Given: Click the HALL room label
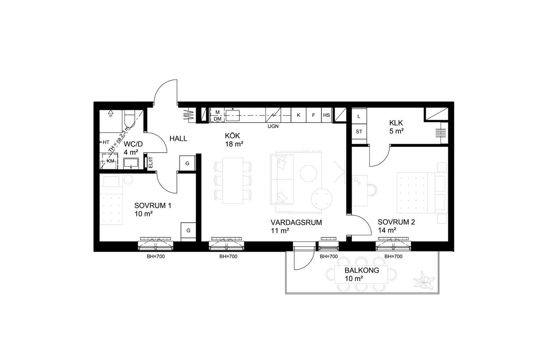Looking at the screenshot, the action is tap(178, 139).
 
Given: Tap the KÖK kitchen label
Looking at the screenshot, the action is tap(232, 136).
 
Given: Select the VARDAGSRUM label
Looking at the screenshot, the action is tap(296, 222).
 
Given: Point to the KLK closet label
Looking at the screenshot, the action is tap(396, 123).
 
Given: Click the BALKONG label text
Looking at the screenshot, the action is tap(362, 270).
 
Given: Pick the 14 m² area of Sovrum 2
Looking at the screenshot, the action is tap(387, 230).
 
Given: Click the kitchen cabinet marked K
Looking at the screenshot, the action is tap(298, 115).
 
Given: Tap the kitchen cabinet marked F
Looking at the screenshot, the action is tap(313, 115).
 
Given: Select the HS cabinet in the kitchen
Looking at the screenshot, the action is tap(327, 115).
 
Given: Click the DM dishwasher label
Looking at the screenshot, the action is tap(217, 119).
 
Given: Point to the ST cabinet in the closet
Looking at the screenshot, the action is tap(359, 132).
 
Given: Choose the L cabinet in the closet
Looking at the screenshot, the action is tap(359, 117).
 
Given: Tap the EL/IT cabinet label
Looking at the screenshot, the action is tap(151, 162).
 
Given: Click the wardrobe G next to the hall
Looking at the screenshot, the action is tap(187, 163).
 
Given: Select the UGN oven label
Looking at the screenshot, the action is tap(273, 126).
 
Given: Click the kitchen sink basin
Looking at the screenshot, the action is tap(232, 115).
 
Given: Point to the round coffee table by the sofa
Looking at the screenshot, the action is tap(308, 173).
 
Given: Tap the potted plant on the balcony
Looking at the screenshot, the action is tap(424, 280).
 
